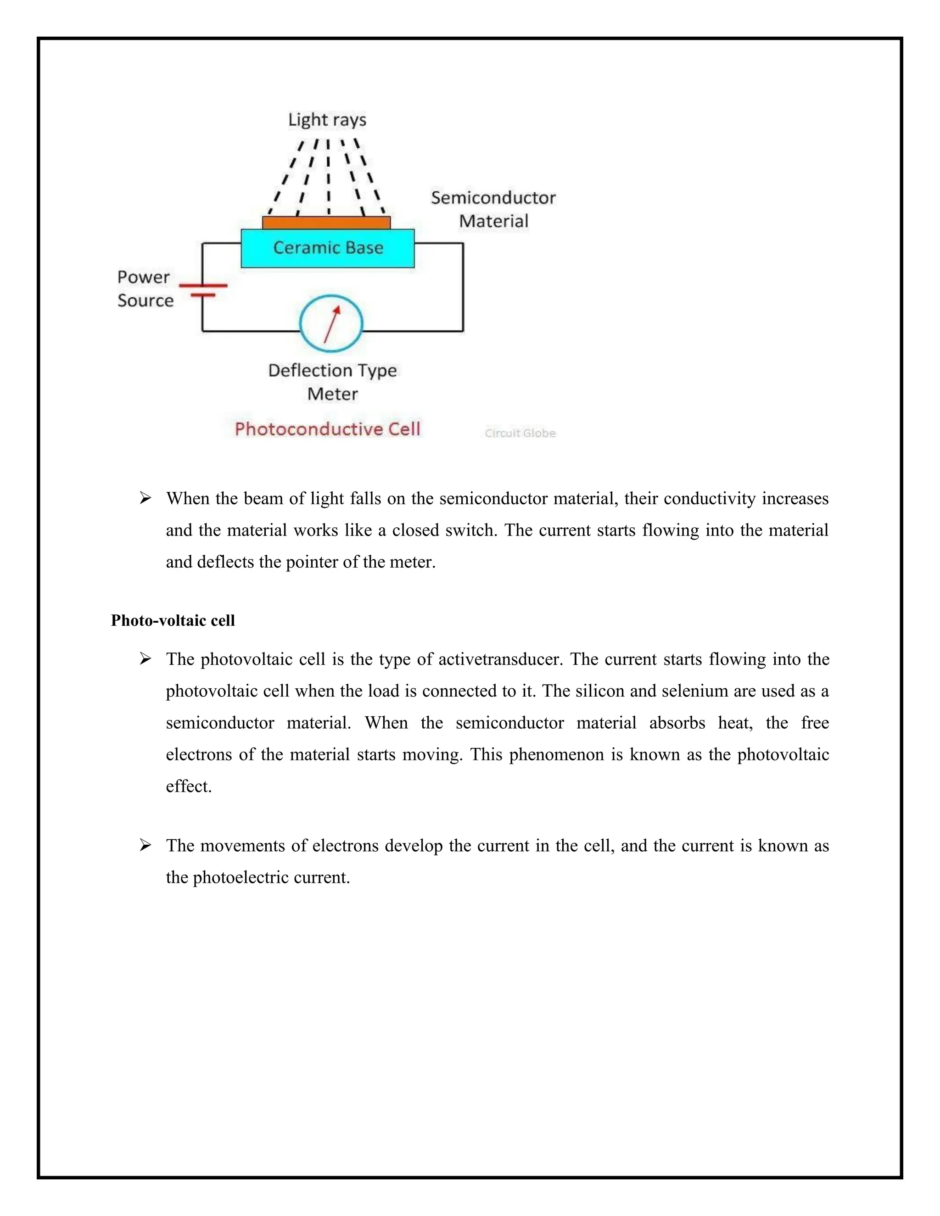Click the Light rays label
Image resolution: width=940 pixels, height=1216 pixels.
point(327,120)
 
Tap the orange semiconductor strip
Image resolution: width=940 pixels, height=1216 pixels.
point(326,223)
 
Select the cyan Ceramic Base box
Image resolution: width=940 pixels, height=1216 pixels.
point(327,248)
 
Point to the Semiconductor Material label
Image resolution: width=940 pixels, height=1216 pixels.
point(493,209)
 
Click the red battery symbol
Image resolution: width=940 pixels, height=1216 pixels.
point(203,290)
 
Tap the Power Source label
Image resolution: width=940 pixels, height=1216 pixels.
point(145,289)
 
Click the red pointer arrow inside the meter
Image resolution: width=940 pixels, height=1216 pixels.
point(332,324)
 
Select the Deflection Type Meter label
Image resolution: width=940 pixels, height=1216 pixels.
point(332,382)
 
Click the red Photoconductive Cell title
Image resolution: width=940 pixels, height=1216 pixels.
point(327,429)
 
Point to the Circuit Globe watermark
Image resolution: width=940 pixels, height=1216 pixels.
point(520,433)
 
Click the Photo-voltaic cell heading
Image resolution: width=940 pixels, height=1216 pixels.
point(173,620)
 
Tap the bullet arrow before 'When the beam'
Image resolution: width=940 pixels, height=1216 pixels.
point(145,498)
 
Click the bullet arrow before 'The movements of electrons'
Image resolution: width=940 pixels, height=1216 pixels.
point(145,845)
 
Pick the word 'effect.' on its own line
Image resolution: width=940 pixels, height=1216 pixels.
point(189,786)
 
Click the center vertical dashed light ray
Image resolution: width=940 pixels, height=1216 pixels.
point(329,178)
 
